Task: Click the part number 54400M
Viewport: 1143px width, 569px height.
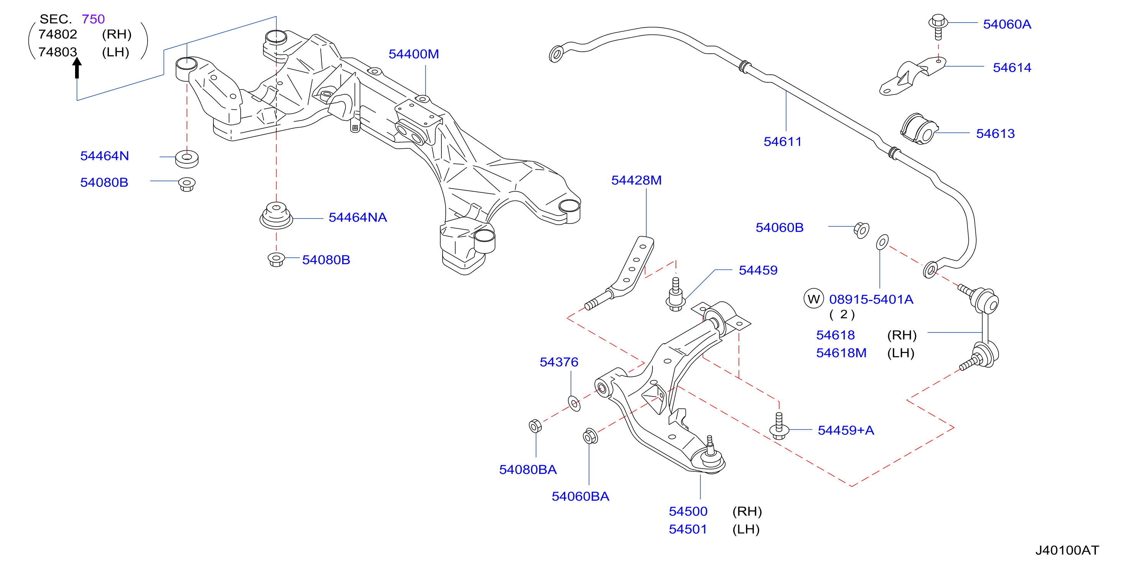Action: (x=413, y=54)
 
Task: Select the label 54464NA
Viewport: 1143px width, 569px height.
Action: (x=357, y=217)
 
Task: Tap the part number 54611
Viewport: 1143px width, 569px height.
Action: (x=783, y=141)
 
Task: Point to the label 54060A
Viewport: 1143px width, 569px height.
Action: (x=1007, y=24)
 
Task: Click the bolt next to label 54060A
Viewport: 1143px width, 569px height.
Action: (x=938, y=26)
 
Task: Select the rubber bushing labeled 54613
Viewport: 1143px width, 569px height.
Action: (x=919, y=129)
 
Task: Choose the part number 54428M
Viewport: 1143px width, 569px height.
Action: (x=636, y=180)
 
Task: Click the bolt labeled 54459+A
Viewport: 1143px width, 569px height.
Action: (x=779, y=426)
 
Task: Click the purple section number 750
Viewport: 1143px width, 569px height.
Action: (x=93, y=19)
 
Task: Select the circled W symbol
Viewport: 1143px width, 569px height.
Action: (x=813, y=299)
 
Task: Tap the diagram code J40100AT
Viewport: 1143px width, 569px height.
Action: (x=1067, y=550)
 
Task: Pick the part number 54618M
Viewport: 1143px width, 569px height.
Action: (x=841, y=353)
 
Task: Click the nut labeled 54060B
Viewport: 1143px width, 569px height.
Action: (x=861, y=230)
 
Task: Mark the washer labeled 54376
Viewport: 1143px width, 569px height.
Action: (x=574, y=404)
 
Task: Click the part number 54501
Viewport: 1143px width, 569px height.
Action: (x=688, y=529)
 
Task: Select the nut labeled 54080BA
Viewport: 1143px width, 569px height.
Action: (x=536, y=426)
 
